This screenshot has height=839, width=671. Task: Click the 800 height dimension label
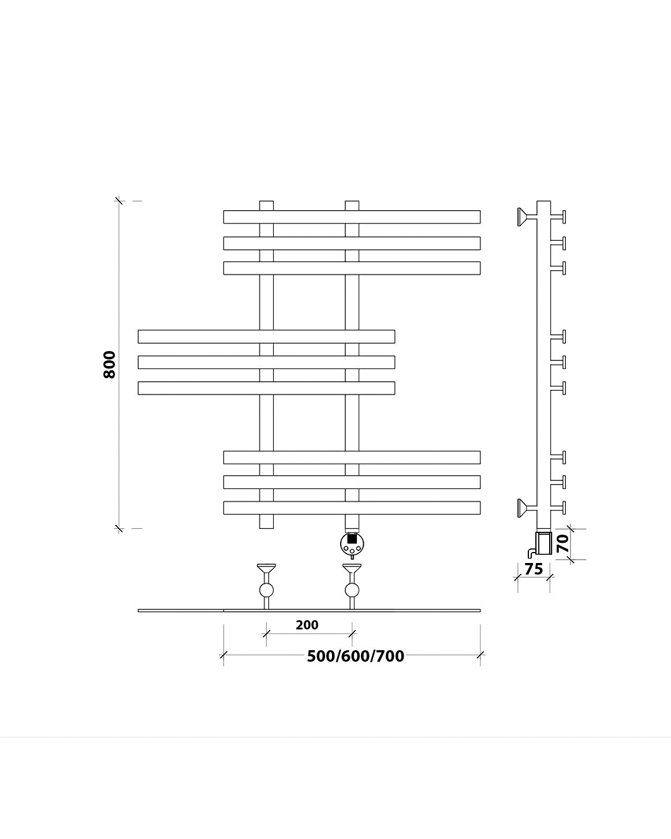[x=110, y=364]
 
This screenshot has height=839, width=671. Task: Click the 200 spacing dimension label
[x=307, y=625]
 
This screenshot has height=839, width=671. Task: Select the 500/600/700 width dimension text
[x=355, y=657]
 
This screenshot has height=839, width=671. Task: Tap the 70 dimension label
[x=562, y=543]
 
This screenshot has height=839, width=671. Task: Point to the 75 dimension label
[x=534, y=569]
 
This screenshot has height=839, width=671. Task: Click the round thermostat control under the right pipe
[x=352, y=542]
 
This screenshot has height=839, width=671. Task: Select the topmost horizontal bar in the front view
[x=352, y=217]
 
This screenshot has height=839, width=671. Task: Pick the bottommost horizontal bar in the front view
[x=352, y=508]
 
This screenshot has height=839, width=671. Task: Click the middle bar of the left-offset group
[x=266, y=362]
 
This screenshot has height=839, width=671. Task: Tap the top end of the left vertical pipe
[x=266, y=205]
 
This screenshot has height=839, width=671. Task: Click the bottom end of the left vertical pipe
[x=266, y=522]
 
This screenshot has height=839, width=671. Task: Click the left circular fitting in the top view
[x=266, y=590]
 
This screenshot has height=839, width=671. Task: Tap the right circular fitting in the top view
[x=352, y=590]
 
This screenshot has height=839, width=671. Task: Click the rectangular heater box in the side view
[x=544, y=543]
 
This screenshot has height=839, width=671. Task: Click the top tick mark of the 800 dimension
[x=119, y=201]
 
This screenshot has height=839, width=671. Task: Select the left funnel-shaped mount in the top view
[x=266, y=569]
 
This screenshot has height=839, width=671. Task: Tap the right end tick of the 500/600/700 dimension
[x=480, y=655]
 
